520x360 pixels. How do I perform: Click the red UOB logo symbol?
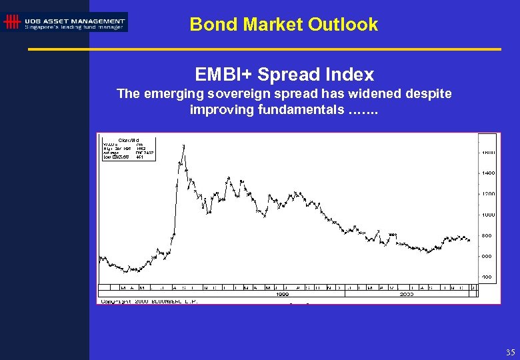coord(11,22)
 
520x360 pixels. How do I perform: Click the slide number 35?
coord(510,352)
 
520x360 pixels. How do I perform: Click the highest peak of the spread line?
coord(183,145)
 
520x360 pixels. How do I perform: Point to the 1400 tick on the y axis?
coord(488,173)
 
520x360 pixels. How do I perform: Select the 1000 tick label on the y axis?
coord(488,215)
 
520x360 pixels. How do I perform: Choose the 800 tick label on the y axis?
coord(487,235)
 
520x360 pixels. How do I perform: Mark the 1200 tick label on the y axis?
coord(488,194)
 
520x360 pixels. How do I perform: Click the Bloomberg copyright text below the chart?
coord(149,301)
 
